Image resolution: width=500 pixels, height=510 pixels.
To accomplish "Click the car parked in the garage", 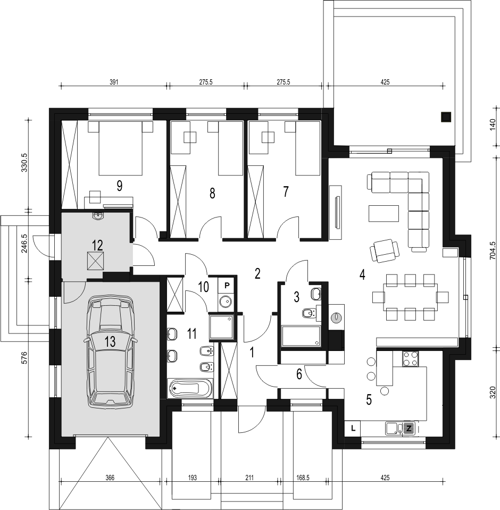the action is tap(110, 352).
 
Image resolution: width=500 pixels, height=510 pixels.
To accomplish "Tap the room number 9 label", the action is tap(119, 186).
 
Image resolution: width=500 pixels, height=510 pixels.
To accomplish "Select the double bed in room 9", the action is tap(121, 148).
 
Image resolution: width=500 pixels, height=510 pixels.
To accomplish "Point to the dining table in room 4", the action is tap(410, 297).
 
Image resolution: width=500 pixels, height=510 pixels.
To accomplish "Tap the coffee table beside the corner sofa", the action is tap(384, 213).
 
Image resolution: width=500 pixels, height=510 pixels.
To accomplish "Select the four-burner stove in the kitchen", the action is tap(410, 359).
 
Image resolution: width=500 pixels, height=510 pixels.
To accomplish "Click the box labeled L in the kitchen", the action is tap(353, 428).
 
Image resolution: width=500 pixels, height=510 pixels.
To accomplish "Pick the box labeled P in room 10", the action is tap(227, 285).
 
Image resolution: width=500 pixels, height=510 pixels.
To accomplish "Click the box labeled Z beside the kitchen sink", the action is tap(409, 428).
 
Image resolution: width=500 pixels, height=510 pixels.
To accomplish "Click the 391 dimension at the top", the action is tap(113, 82).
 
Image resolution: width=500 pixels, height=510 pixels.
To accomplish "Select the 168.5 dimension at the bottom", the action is tap(303, 478).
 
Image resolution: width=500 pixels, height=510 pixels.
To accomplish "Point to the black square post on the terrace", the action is tap(446, 117).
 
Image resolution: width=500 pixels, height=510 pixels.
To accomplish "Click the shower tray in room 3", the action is tap(301, 336).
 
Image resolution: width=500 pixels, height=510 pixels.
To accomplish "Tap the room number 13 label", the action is tap(110, 341).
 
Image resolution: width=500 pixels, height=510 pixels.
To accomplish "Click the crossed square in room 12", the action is tap(95, 261).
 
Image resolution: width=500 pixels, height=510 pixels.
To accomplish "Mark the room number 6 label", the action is tap(299, 374).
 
